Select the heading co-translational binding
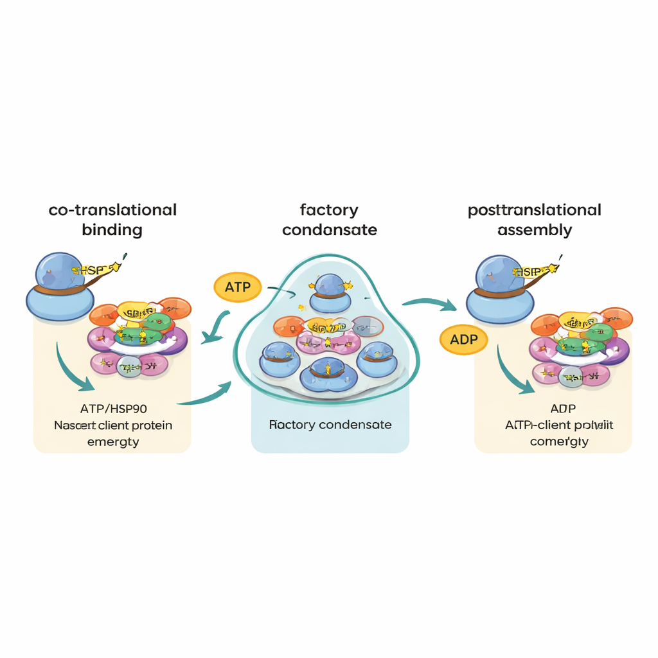click(112, 219)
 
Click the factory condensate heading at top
click(329, 219)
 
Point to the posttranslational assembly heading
click(535, 219)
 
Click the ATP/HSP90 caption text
click(113, 409)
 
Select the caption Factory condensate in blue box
click(330, 425)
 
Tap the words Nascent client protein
click(113, 425)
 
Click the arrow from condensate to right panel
click(427, 303)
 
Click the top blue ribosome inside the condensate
click(330, 287)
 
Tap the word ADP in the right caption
click(563, 409)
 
